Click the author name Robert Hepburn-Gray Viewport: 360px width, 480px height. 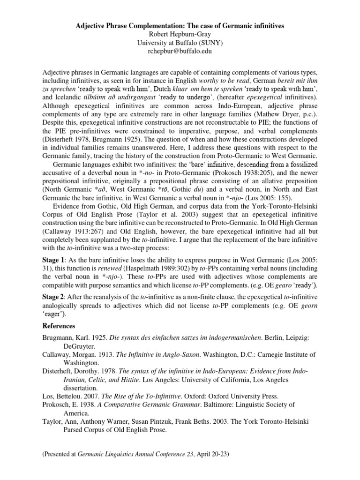(x=180, y=34)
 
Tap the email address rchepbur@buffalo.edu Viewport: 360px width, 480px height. (x=180, y=52)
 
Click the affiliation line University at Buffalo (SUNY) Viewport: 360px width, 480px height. (x=180, y=43)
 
